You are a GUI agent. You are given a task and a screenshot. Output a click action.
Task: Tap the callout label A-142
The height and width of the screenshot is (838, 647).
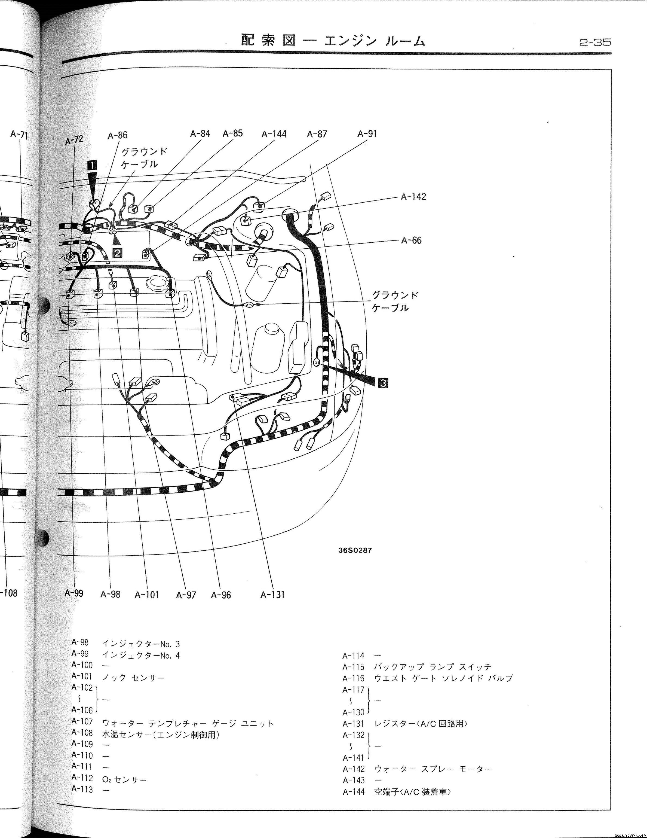[413, 197]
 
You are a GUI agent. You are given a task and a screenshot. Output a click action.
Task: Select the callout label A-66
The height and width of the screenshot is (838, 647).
[411, 240]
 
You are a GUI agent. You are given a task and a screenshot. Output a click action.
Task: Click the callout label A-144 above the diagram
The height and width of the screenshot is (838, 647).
[274, 134]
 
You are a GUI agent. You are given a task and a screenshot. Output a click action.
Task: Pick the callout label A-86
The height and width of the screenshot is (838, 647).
[117, 135]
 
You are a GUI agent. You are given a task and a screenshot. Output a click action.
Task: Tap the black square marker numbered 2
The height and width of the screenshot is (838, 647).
[117, 252]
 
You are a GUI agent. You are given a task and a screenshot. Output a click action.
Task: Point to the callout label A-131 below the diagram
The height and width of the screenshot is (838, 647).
[272, 595]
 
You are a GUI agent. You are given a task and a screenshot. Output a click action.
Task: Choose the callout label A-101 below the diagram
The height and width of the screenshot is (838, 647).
[146, 595]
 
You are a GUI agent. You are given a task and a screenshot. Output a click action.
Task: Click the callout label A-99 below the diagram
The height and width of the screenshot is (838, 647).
[74, 593]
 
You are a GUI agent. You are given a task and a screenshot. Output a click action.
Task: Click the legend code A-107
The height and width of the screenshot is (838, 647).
[82, 722]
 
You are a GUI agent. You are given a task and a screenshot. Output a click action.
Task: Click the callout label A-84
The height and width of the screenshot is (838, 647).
[200, 133]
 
